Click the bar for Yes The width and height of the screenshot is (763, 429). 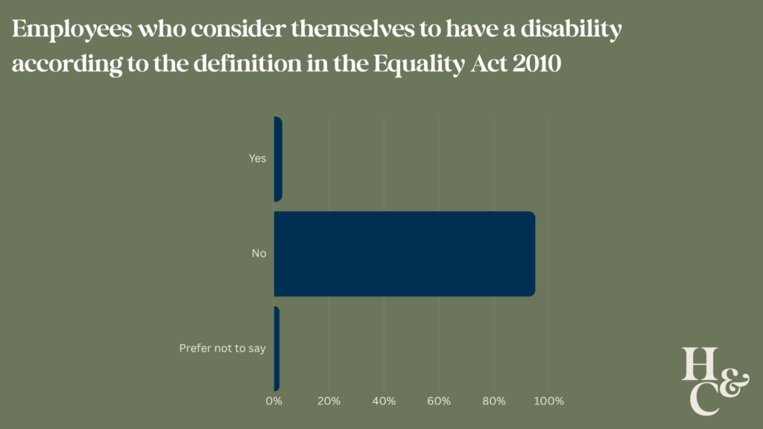click(278, 159)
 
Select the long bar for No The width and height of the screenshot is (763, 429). click(404, 254)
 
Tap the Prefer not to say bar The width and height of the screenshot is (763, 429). click(276, 349)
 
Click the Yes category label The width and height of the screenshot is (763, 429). click(257, 159)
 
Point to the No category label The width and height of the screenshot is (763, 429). click(259, 254)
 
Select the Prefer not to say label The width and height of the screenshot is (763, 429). click(223, 349)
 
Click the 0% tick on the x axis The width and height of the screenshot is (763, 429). click(274, 401)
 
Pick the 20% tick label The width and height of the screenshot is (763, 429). click(329, 401)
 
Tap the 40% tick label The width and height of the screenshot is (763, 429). click(384, 401)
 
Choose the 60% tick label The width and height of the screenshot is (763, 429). click(439, 401)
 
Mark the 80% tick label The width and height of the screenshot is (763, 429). click(494, 401)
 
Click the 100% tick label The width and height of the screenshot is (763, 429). click(549, 401)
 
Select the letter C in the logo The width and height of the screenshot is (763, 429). click(704, 398)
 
